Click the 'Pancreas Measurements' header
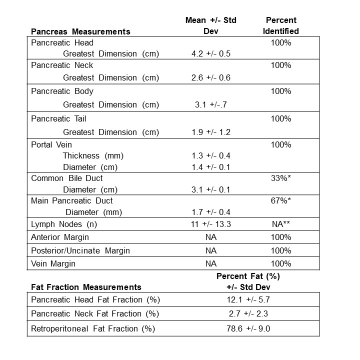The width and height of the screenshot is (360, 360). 80,31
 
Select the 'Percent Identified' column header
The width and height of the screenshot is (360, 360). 281,26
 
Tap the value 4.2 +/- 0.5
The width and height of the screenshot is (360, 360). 211,54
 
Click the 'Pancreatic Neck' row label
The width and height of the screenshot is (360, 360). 62,65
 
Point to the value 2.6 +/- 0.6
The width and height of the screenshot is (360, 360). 211,77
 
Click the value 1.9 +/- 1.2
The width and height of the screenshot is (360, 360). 211,132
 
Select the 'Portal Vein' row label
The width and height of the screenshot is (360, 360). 51,145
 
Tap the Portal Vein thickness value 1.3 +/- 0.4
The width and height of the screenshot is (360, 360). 211,155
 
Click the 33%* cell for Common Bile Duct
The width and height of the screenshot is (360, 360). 281,178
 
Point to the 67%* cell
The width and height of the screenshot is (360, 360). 281,201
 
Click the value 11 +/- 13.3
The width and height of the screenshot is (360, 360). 211,224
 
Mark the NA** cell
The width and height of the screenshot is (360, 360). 281,224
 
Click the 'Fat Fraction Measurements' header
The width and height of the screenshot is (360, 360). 86,287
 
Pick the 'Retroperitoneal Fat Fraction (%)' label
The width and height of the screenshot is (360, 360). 93,328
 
